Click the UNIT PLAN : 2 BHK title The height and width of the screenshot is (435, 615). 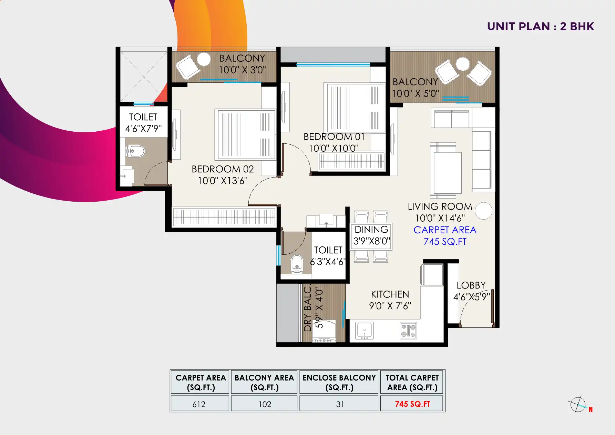[x=540, y=27]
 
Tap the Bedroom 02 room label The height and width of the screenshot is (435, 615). [x=223, y=169]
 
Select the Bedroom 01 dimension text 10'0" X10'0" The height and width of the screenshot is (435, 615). [x=334, y=148]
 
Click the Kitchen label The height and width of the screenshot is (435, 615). [x=390, y=294]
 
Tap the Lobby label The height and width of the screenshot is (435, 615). [x=471, y=285]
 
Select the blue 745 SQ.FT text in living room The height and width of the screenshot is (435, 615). [x=445, y=242]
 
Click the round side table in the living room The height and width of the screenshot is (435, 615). [x=483, y=211]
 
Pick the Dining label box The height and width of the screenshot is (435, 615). [x=371, y=235]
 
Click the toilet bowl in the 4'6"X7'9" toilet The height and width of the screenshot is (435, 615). [x=135, y=151]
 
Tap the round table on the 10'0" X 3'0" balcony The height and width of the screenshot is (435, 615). [x=204, y=59]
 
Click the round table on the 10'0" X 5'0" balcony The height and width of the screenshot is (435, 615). [x=462, y=64]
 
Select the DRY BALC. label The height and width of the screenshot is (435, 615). [x=307, y=308]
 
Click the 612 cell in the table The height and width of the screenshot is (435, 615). [x=199, y=404]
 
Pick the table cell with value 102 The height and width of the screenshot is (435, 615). [x=265, y=404]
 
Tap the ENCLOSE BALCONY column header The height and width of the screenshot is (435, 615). [x=339, y=382]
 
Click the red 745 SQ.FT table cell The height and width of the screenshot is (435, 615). [x=412, y=404]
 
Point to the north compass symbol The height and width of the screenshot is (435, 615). [x=577, y=404]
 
